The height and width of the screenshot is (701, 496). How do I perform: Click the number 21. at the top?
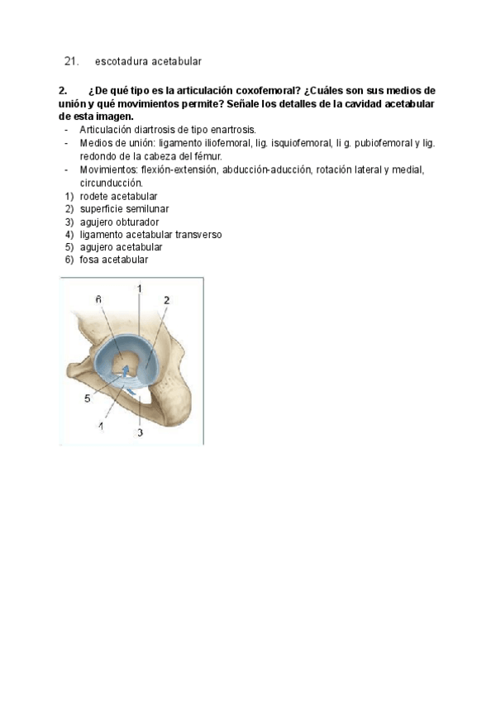pyautogui.click(x=71, y=61)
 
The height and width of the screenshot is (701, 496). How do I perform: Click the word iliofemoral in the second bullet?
pyautogui.click(x=218, y=143)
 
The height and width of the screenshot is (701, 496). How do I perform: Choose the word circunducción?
pyautogui.click(x=112, y=182)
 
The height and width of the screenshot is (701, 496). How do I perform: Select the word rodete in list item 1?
pyautogui.click(x=93, y=196)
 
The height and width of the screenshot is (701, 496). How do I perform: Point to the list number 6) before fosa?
pyautogui.click(x=69, y=260)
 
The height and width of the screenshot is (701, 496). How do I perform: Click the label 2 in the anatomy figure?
pyautogui.click(x=166, y=301)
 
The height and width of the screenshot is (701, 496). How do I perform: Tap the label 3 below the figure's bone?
pyautogui.click(x=141, y=432)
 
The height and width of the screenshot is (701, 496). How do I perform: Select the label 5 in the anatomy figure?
pyautogui.click(x=87, y=398)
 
